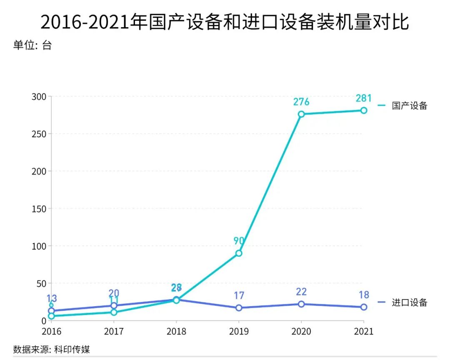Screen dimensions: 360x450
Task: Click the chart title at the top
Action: pos(225,22)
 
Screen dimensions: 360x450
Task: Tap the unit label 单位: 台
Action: pos(32,45)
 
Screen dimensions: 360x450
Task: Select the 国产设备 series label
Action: pos(409,105)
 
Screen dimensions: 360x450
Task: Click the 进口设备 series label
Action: pos(409,302)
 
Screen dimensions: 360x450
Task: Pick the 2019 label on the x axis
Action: pos(239,332)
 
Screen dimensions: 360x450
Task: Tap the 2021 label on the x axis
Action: pos(364,332)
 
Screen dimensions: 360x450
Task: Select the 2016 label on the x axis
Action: pos(51,332)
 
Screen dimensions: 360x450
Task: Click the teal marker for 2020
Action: pos(301,114)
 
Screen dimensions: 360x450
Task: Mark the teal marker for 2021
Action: pos(364,110)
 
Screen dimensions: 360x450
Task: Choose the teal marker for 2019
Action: pos(239,253)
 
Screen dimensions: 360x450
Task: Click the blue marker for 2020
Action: pos(301,304)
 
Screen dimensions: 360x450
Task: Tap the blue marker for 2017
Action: pos(114,306)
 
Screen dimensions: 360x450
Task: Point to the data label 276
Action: pos(301,102)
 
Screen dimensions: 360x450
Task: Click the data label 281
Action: pos(364,98)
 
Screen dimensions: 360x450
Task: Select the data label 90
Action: pos(239,241)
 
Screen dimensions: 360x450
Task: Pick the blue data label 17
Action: pos(239,296)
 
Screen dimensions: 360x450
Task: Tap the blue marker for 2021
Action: pos(364,307)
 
